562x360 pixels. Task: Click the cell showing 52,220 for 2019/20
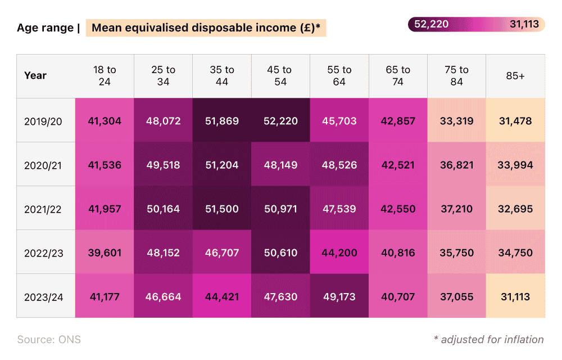(280, 121)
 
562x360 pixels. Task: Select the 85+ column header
(515, 76)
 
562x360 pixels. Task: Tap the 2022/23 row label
(43, 253)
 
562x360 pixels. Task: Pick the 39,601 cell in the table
(105, 253)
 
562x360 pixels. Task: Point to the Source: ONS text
(49, 339)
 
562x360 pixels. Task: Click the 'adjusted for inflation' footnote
(488, 339)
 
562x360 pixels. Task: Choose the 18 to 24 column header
(105, 76)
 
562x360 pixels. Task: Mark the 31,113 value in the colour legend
(524, 24)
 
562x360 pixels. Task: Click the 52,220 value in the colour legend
(431, 24)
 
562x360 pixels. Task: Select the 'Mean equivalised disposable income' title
(206, 28)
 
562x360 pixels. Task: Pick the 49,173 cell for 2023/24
(339, 296)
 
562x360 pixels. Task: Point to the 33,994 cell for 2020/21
(515, 165)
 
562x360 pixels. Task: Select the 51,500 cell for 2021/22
(222, 209)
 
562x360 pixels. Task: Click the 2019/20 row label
(43, 121)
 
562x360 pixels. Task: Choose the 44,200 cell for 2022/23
(339, 253)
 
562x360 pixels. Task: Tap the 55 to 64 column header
(339, 76)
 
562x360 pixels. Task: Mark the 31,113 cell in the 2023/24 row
(515, 296)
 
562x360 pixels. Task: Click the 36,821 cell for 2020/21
(456, 165)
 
